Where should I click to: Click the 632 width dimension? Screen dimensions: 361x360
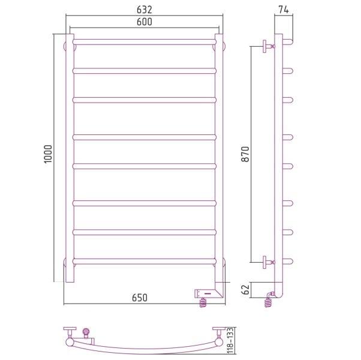point(145,10)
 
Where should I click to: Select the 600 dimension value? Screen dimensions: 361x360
point(145,22)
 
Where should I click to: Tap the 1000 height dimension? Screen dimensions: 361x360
point(48,154)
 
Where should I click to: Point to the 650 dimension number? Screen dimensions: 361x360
point(140,298)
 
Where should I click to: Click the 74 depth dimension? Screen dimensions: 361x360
point(284,10)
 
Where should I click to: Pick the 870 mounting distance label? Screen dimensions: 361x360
point(245,154)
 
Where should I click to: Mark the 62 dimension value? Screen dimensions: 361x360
point(245,290)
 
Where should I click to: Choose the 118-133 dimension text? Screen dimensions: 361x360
point(230,341)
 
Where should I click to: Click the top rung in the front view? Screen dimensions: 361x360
point(145,42)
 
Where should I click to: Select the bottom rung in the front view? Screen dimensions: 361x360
point(145,262)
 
